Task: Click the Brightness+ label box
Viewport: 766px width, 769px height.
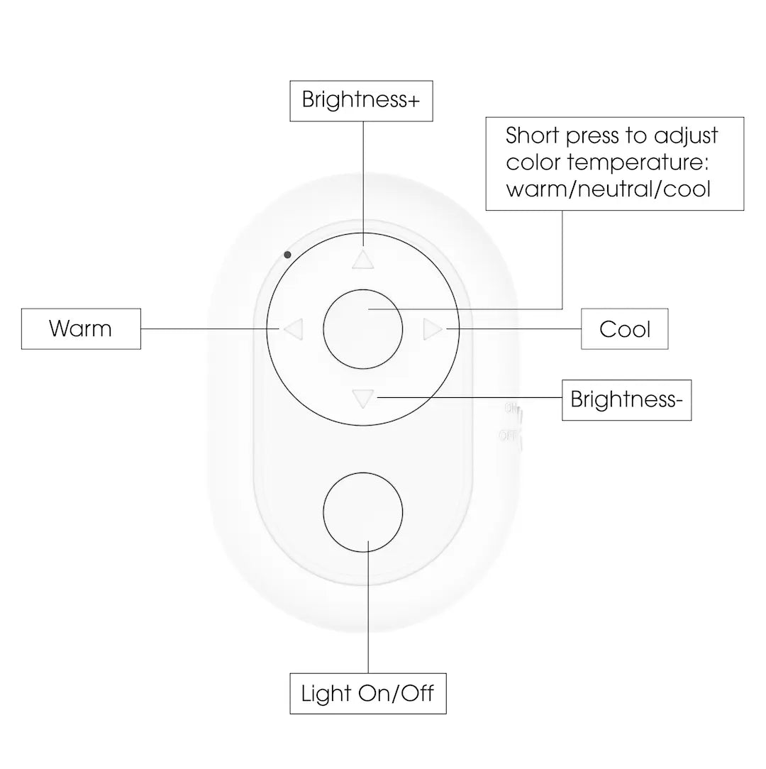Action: [361, 100]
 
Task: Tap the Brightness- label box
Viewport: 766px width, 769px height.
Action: [626, 400]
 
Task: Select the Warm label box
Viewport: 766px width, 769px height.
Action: [81, 328]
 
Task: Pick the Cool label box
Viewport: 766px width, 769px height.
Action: [624, 328]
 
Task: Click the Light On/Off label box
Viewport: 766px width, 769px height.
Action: [367, 693]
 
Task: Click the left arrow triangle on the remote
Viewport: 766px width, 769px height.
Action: [294, 328]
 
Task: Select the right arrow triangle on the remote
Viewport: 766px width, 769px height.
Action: [432, 329]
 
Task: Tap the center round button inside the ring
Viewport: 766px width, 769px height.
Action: [362, 329]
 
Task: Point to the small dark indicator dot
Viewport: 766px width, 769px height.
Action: [287, 254]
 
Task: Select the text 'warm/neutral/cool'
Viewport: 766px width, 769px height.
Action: [608, 190]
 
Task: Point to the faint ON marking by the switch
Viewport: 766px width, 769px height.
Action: [511, 409]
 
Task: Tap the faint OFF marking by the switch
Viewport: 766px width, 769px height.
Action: [508, 436]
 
